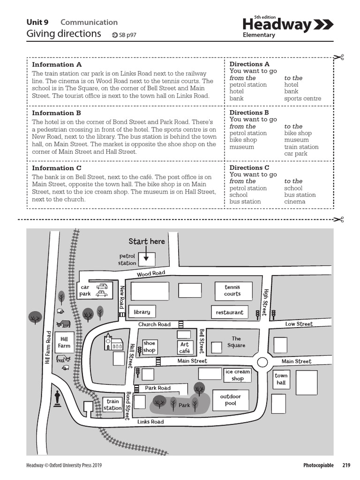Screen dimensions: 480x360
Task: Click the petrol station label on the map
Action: [127, 260]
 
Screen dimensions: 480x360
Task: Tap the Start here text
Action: [147, 241]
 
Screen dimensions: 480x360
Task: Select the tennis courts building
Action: [232, 291]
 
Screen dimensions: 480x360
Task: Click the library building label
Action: [142, 312]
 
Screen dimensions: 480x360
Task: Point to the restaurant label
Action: [230, 312]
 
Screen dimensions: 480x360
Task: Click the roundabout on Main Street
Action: [262, 362]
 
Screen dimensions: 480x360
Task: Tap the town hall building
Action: [281, 379]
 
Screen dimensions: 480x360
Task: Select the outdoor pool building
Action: [231, 400]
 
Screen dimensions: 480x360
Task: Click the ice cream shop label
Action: [238, 375]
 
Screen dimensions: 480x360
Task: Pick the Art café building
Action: [185, 347]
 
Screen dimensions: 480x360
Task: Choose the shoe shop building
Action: [149, 347]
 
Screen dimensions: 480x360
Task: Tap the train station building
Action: [112, 405]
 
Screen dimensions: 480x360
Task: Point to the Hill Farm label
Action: [64, 342]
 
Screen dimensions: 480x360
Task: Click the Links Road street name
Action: [150, 422]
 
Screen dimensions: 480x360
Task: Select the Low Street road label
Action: [299, 324]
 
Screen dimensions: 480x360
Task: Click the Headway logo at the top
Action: [288, 25]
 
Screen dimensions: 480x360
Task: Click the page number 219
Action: [346, 465]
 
